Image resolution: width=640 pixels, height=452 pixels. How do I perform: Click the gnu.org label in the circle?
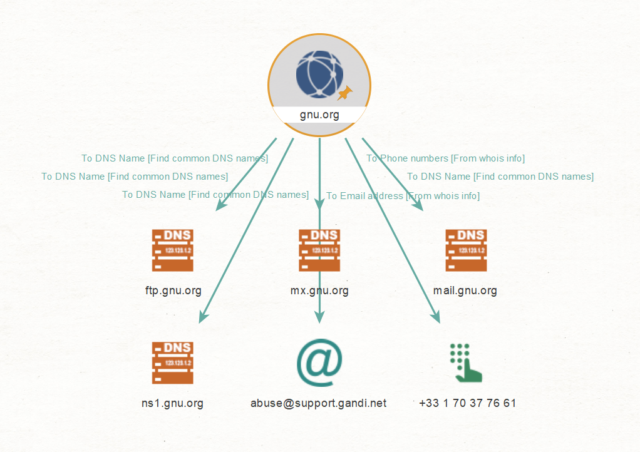click(x=319, y=115)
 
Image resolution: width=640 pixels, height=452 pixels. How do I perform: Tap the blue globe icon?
click(x=319, y=74)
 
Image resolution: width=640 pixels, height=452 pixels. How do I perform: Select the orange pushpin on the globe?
click(x=345, y=93)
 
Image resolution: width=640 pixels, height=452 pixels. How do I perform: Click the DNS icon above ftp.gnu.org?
click(x=173, y=250)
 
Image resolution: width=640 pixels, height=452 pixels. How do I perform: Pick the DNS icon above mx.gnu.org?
click(x=319, y=250)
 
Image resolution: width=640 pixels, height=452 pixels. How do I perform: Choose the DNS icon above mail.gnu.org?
click(x=466, y=250)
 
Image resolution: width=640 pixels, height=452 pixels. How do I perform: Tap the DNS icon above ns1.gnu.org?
click(x=173, y=362)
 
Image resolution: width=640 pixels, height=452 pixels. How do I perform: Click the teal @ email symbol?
click(x=319, y=362)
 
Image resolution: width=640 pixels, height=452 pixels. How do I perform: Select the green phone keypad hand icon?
click(x=466, y=362)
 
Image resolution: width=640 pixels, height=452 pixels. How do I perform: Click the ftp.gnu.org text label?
click(x=173, y=291)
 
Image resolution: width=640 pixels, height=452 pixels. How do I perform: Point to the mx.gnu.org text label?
click(x=319, y=291)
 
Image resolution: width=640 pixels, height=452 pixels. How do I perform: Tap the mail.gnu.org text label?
click(x=465, y=291)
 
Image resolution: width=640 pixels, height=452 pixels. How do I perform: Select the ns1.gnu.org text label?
click(x=172, y=403)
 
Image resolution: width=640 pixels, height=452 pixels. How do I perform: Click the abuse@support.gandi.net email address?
click(x=318, y=403)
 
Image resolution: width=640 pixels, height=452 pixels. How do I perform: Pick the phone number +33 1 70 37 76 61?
click(x=467, y=403)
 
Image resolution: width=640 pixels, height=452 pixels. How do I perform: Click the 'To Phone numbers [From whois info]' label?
click(x=445, y=158)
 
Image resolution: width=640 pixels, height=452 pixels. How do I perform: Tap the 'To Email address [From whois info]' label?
click(x=403, y=196)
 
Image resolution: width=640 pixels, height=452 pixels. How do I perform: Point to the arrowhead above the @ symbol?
click(x=319, y=317)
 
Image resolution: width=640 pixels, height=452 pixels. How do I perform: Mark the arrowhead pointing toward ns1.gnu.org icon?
click(x=204, y=317)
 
